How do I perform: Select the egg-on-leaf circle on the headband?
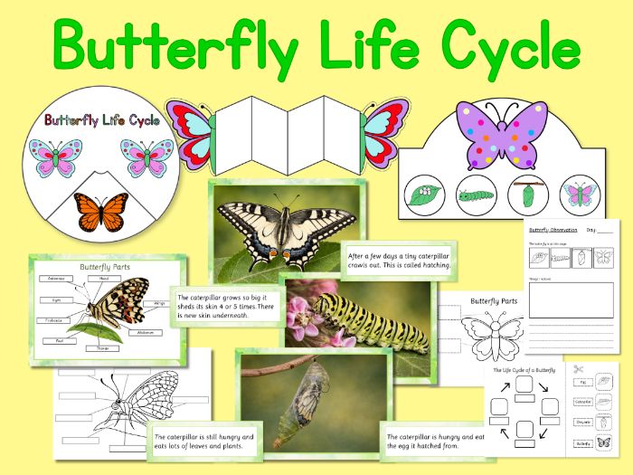point(422,193)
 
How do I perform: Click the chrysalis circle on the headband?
point(522,193)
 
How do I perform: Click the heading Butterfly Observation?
point(553,231)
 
